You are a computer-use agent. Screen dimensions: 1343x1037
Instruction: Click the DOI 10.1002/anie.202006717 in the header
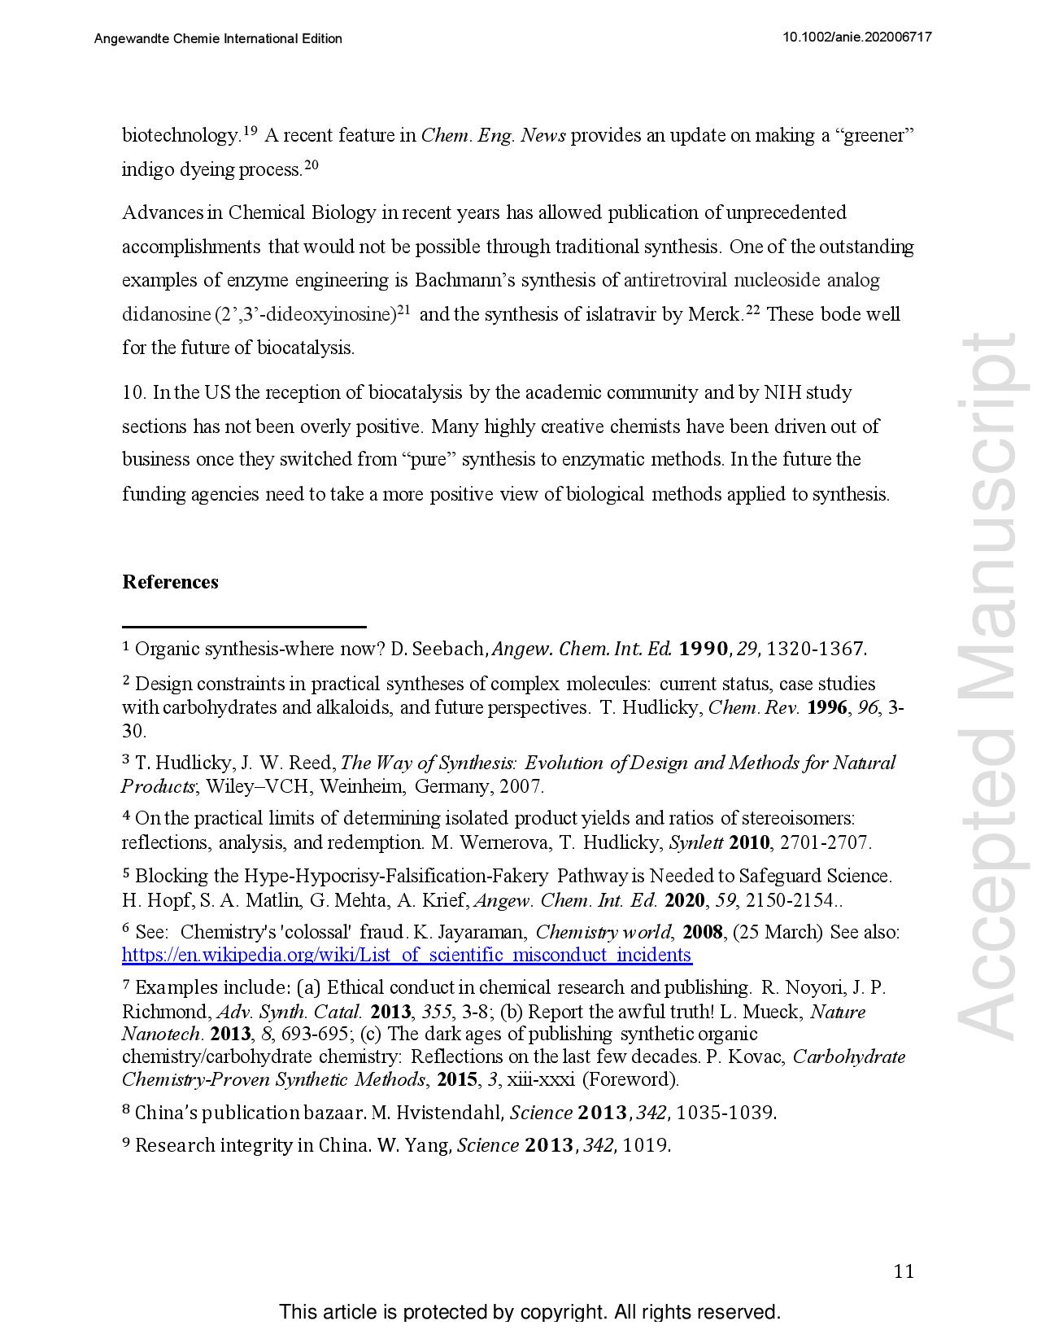pyautogui.click(x=856, y=37)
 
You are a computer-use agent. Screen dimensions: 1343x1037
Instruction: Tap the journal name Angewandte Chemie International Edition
pyautogui.click(x=218, y=38)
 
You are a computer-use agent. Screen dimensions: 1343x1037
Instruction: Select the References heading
pyautogui.click(x=170, y=582)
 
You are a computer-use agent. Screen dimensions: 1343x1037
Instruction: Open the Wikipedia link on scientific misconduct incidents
pyautogui.click(x=407, y=955)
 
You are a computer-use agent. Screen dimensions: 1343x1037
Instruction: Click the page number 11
pyautogui.click(x=903, y=1271)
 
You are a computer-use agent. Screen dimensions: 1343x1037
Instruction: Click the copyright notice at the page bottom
pyautogui.click(x=529, y=1312)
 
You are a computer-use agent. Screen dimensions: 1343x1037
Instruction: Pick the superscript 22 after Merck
pyautogui.click(x=752, y=310)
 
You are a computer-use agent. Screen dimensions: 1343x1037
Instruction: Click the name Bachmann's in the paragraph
pyautogui.click(x=464, y=281)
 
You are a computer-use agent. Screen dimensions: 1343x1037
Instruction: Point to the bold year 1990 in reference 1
pyautogui.click(x=703, y=649)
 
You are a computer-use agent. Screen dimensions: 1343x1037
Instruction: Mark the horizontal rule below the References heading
pyautogui.click(x=244, y=627)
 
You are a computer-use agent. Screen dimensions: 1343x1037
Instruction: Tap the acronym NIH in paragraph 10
pyautogui.click(x=782, y=393)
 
